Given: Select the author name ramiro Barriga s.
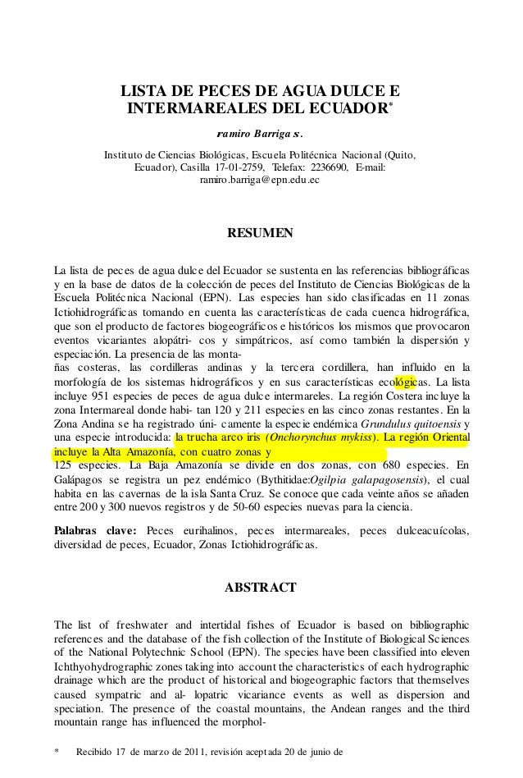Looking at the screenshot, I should pyautogui.click(x=261, y=134).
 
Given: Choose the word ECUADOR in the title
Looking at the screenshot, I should pyautogui.click(x=339, y=108).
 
